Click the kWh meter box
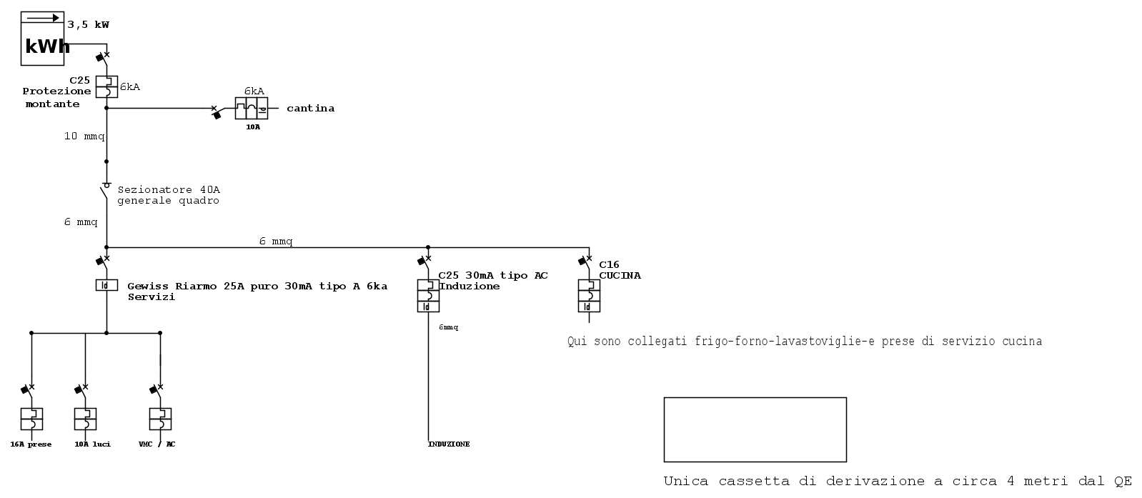[x=42, y=39]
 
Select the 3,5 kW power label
[x=88, y=24]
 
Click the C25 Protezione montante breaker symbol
[x=106, y=86]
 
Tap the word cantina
[x=310, y=108]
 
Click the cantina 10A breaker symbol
[x=252, y=108]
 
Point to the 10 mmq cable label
[x=84, y=136]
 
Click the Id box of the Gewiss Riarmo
[x=106, y=285]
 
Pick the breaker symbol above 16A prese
[x=31, y=419]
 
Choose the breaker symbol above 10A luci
[x=85, y=419]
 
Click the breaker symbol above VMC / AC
[x=160, y=419]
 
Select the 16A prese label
[x=31, y=444]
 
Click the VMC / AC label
[x=157, y=444]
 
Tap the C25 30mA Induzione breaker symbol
[x=428, y=296]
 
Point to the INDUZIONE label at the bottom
[x=449, y=444]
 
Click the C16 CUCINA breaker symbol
[x=589, y=296]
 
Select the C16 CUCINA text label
[x=620, y=269]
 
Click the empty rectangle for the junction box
[x=755, y=397]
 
